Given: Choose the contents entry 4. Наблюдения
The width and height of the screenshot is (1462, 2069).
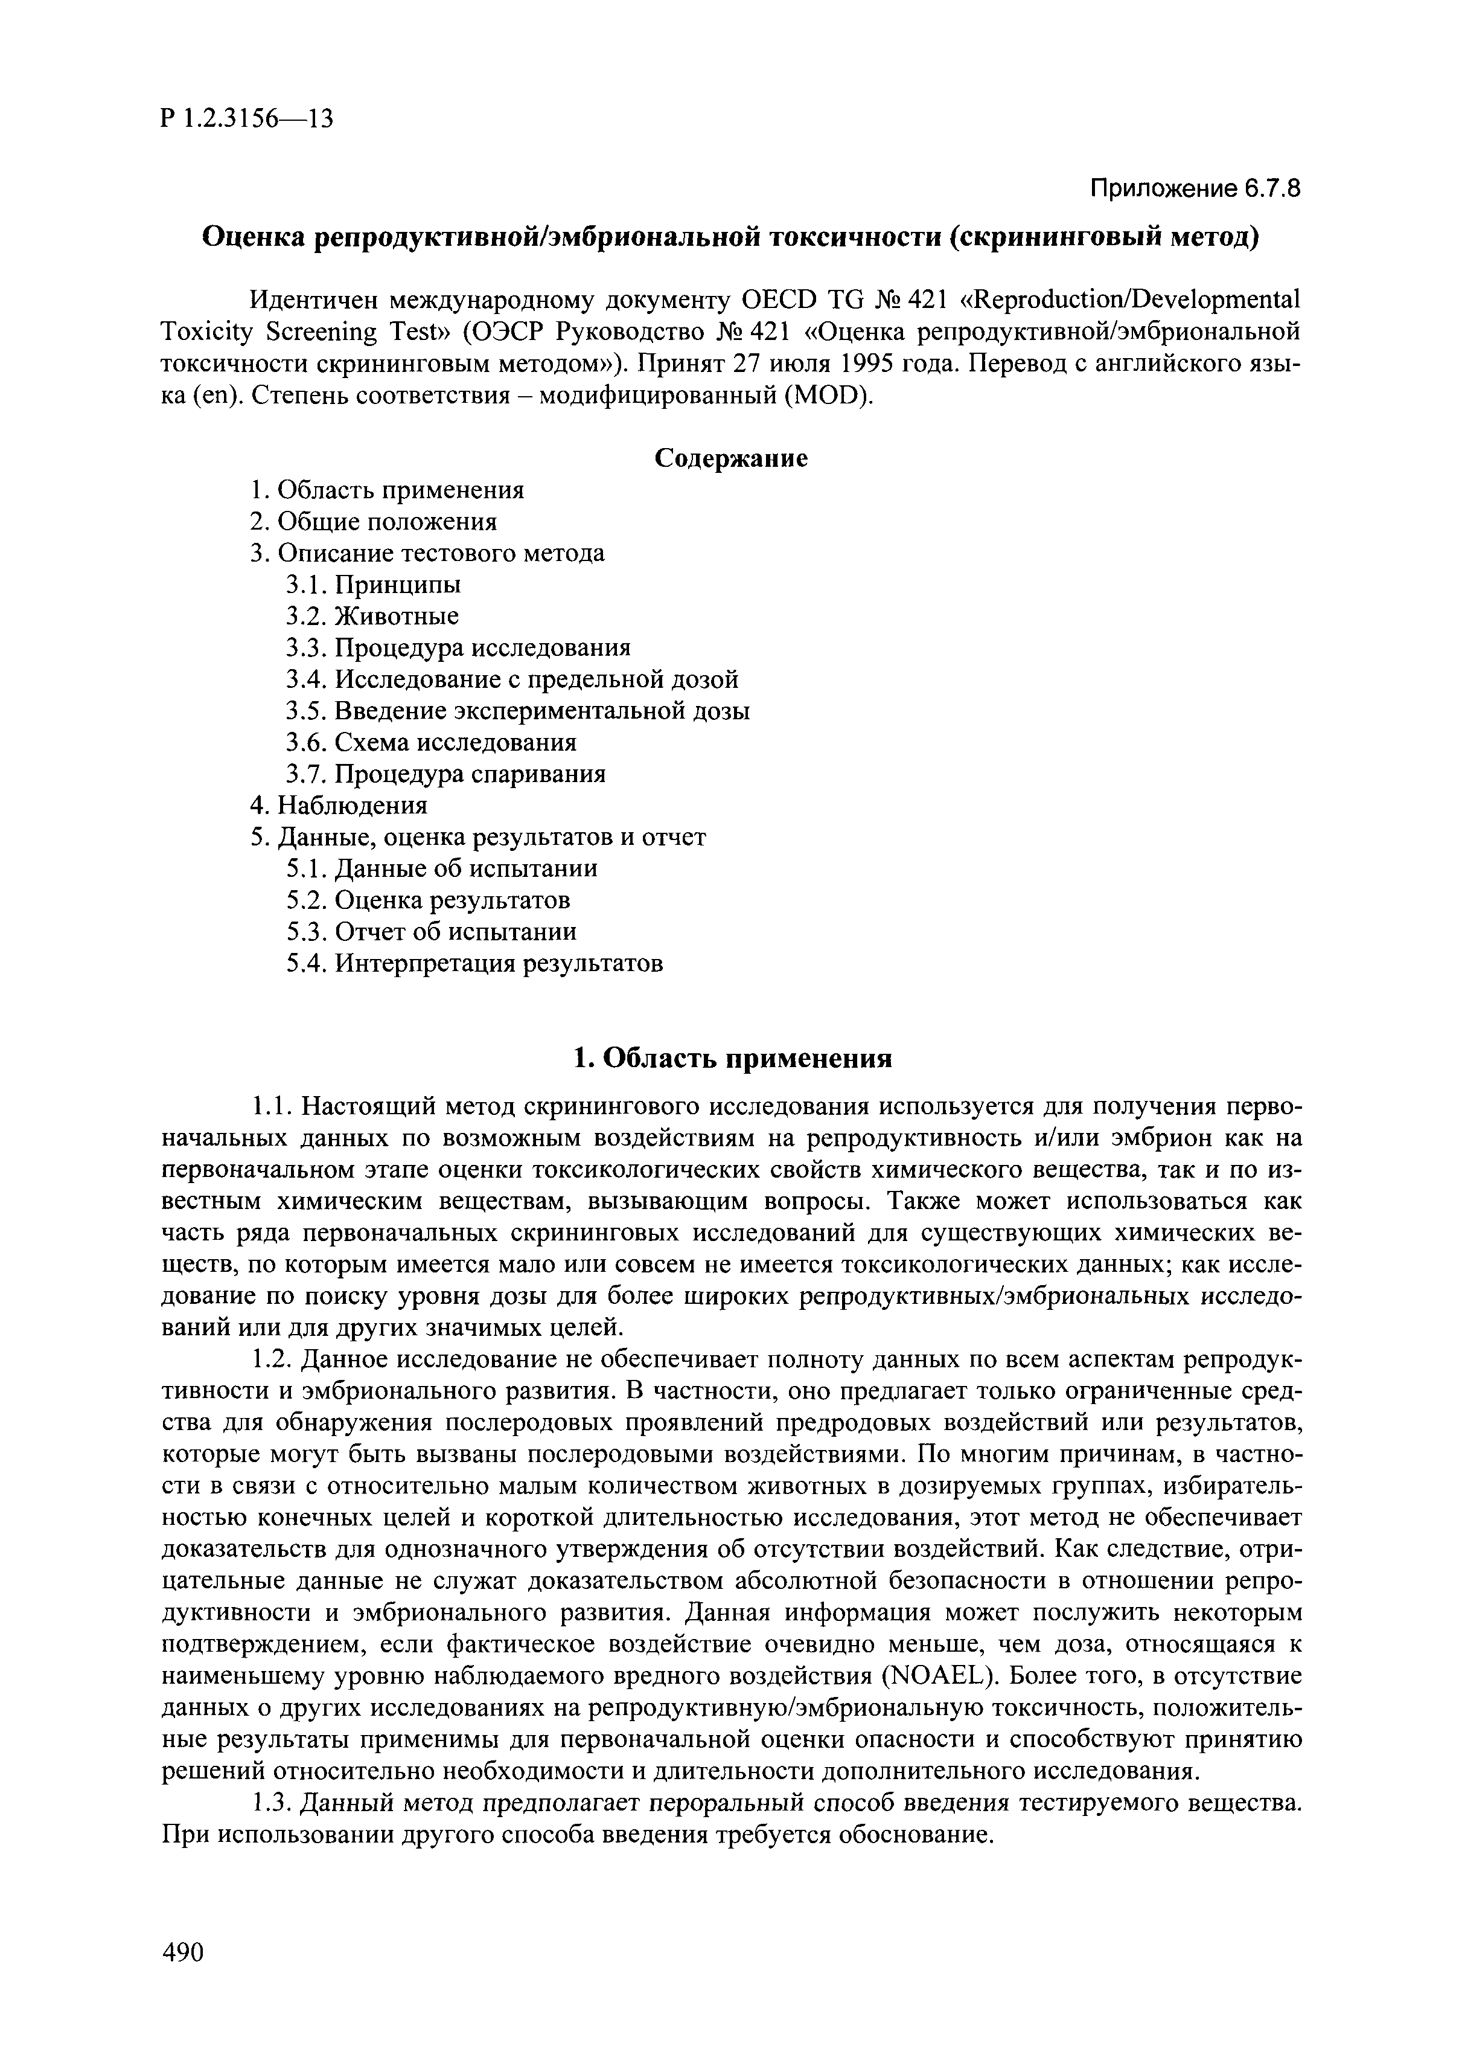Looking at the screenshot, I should (x=339, y=804).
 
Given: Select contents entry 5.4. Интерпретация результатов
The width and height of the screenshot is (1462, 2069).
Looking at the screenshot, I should (x=474, y=963).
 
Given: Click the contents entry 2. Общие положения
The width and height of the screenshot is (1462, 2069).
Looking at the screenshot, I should (x=374, y=522).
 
